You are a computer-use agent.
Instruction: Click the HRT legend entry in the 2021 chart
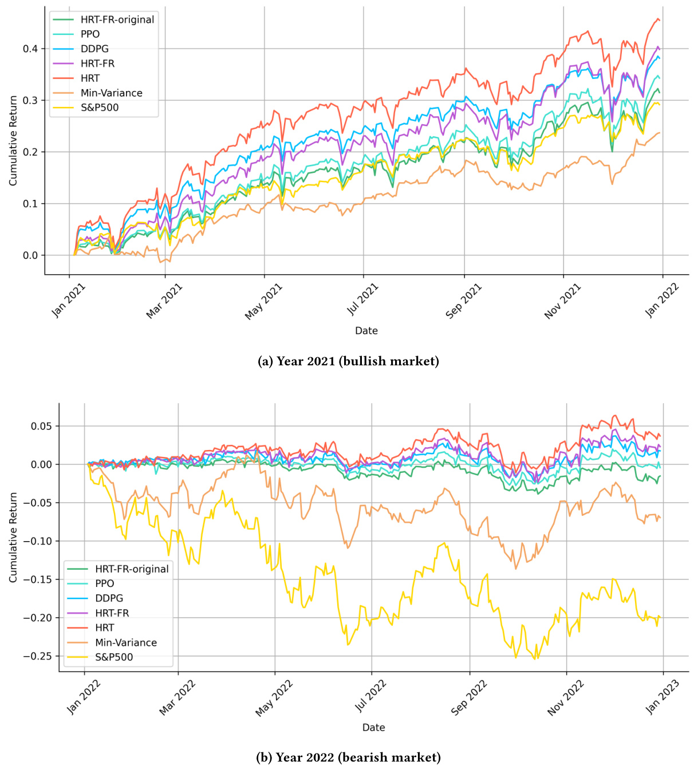(x=90, y=78)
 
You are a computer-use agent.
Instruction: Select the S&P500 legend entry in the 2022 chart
(x=114, y=657)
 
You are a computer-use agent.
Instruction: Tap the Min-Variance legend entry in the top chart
(x=111, y=93)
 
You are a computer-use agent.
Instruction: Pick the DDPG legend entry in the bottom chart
(x=109, y=598)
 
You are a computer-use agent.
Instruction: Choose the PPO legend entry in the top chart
(x=90, y=34)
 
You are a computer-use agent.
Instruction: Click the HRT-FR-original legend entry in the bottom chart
(x=132, y=569)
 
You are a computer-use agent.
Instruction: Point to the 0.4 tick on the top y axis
(x=30, y=49)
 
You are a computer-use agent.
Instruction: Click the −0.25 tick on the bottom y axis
(x=37, y=656)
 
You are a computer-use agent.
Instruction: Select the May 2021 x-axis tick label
(x=264, y=301)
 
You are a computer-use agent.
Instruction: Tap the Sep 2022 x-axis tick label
(x=469, y=697)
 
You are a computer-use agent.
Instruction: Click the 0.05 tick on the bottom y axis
(x=41, y=426)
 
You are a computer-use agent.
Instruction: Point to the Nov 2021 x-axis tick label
(x=563, y=301)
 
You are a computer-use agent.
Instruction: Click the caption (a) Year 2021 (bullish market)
(x=349, y=361)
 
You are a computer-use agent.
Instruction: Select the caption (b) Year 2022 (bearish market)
(x=348, y=758)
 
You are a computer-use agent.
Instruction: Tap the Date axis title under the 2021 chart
(x=366, y=330)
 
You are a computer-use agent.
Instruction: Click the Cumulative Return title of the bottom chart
(x=13, y=537)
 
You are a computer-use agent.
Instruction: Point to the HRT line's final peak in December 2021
(x=658, y=19)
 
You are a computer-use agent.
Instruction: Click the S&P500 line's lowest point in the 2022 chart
(x=535, y=659)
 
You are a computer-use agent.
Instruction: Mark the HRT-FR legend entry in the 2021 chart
(x=97, y=64)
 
